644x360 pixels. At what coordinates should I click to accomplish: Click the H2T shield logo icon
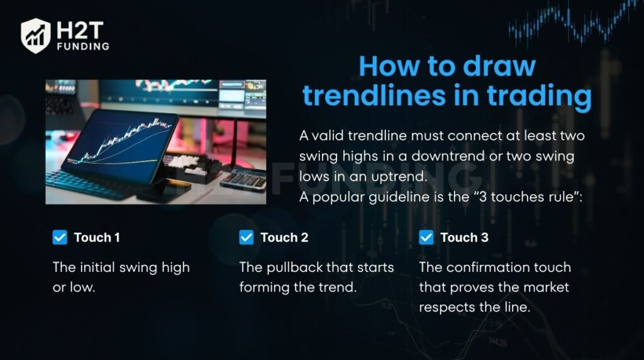point(36,36)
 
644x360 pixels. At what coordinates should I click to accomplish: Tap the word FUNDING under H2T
point(84,47)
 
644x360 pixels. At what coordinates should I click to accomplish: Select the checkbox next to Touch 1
point(60,237)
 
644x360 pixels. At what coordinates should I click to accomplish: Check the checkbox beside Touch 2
point(247,237)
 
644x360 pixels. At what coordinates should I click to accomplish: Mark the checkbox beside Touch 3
point(426,237)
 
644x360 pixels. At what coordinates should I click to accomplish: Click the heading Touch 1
point(97,237)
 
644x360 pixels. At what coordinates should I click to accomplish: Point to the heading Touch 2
point(284,237)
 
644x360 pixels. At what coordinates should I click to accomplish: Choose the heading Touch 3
point(465,237)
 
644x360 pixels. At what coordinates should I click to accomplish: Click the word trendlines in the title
point(374,95)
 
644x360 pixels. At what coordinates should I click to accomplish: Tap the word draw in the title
point(499,65)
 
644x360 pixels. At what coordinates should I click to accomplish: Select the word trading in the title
point(539,96)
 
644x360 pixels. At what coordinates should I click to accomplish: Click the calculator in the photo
point(243,179)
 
